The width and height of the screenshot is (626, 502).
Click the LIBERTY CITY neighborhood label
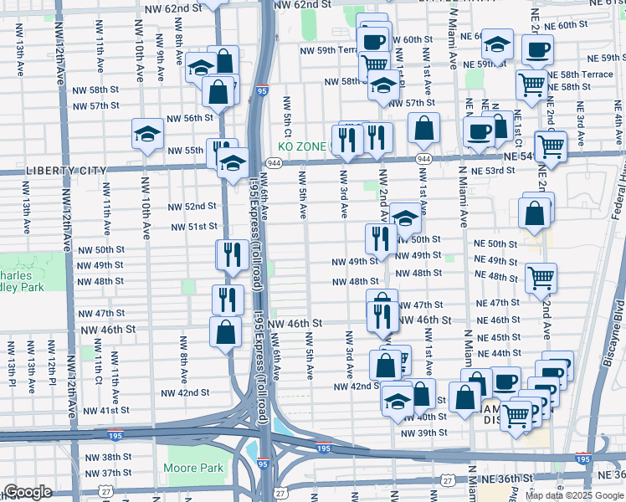pos(54,171)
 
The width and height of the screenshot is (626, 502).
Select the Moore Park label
pos(194,469)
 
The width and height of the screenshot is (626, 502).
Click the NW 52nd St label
pos(192,207)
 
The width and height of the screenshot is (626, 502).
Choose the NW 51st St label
pos(194,227)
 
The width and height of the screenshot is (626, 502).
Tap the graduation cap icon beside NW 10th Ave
pos(147,134)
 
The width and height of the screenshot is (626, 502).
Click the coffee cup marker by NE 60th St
pos(537,49)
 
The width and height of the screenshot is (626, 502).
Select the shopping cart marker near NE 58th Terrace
pos(532,83)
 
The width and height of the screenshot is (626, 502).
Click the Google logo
pos(27,493)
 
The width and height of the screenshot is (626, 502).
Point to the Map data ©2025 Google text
pos(574,495)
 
